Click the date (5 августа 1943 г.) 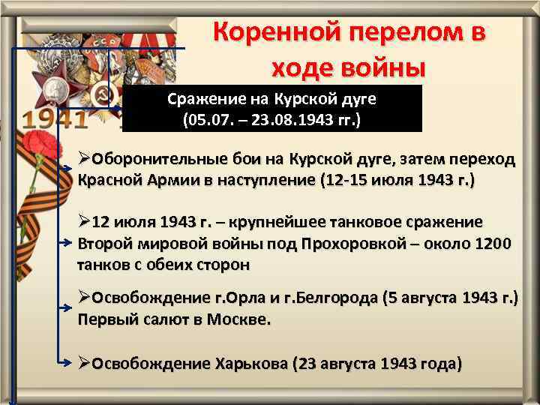click(x=449, y=298)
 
